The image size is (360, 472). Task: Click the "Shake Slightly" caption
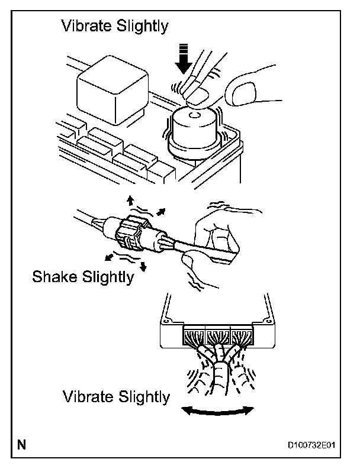tap(83, 277)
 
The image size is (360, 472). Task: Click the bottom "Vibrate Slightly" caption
tap(116, 396)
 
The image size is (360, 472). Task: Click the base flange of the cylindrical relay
tap(192, 144)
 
